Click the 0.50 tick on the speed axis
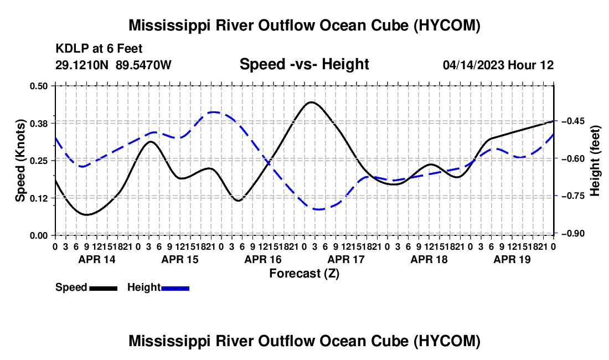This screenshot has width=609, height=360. [x=38, y=86]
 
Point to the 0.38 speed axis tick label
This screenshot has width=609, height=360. [x=38, y=124]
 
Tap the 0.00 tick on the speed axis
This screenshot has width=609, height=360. [x=38, y=235]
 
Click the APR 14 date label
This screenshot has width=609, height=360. [x=97, y=259]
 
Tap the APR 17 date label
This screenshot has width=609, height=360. [x=346, y=259]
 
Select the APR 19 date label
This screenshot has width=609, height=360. [x=512, y=259]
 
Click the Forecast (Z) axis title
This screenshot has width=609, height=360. [x=304, y=274]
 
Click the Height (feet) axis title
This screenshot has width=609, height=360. [x=595, y=161]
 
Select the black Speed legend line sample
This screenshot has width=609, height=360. [x=104, y=289]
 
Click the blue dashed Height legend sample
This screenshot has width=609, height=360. [x=175, y=289]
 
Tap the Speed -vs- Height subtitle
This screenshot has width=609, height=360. [x=304, y=64]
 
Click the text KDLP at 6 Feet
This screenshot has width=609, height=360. [x=99, y=49]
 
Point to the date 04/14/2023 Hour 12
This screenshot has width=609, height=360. [x=498, y=65]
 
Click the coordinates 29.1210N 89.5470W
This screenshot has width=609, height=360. [x=113, y=65]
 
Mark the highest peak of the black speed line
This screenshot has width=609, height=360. [x=312, y=102]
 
